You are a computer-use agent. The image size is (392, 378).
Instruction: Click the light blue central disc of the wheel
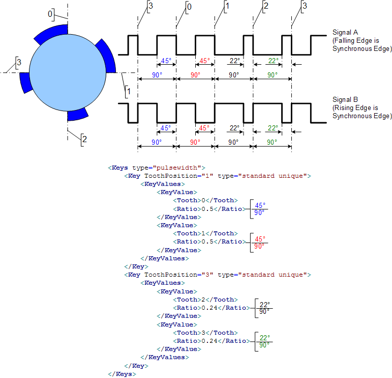pyautogui.click(x=68, y=73)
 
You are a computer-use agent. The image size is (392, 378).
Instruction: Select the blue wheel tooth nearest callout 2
pyautogui.click(x=78, y=115)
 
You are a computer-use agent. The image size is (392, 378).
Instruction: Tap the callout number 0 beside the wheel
pyautogui.click(x=50, y=14)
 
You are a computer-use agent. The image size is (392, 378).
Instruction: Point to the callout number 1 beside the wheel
pyautogui.click(x=129, y=91)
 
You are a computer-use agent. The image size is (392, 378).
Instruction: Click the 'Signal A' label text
pyautogui.click(x=345, y=32)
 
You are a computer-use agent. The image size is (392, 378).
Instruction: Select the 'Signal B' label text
pyautogui.click(x=345, y=99)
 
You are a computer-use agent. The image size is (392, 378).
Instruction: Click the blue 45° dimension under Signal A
pyautogui.click(x=166, y=61)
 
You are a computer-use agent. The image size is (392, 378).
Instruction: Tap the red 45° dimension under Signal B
pyautogui.click(x=204, y=128)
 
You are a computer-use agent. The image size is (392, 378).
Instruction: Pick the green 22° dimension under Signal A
pyautogui.click(x=273, y=61)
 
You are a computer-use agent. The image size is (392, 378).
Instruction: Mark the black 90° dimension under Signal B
pyautogui.click(x=233, y=142)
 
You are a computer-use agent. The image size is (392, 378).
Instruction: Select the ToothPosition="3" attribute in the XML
pyautogui.click(x=179, y=275)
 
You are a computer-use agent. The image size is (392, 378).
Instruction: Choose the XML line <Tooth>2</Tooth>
pyautogui.click(x=205, y=300)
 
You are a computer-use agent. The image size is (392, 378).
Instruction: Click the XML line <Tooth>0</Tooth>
pyautogui.click(x=205, y=200)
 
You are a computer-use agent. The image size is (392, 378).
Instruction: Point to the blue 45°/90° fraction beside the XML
pyautogui.click(x=260, y=209)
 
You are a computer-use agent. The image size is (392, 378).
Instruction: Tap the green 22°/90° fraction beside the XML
pyautogui.click(x=264, y=341)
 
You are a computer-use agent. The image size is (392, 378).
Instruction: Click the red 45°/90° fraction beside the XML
pyautogui.click(x=260, y=242)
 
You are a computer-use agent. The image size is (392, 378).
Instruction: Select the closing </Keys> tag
pyautogui.click(x=122, y=374)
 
